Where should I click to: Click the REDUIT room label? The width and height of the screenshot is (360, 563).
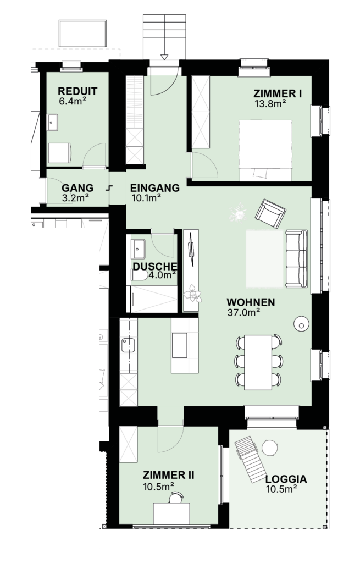click(77, 91)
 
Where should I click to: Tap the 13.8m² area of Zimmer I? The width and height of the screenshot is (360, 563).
click(270, 104)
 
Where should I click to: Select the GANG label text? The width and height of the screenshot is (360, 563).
click(77, 188)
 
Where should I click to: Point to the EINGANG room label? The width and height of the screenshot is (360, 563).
click(154, 188)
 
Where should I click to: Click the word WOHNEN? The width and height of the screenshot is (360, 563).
click(251, 303)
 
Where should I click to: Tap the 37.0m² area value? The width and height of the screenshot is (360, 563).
click(243, 312)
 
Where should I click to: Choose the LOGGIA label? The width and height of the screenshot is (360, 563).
click(286, 479)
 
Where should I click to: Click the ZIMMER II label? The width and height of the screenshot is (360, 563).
click(168, 476)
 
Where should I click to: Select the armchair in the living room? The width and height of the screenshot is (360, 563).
click(270, 213)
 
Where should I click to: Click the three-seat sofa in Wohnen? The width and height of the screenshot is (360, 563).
click(296, 259)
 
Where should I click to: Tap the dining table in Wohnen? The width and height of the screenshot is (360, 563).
click(258, 362)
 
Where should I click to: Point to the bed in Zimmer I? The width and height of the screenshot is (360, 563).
click(265, 150)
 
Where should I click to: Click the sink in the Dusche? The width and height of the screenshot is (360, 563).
click(138, 249)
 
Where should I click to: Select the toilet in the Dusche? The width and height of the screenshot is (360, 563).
click(139, 275)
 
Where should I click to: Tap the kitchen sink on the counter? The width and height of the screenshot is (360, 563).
click(128, 345)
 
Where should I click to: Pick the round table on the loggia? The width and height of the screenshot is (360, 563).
click(269, 448)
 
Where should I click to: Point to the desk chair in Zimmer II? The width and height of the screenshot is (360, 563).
click(176, 498)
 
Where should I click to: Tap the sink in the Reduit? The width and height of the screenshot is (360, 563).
click(52, 122)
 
